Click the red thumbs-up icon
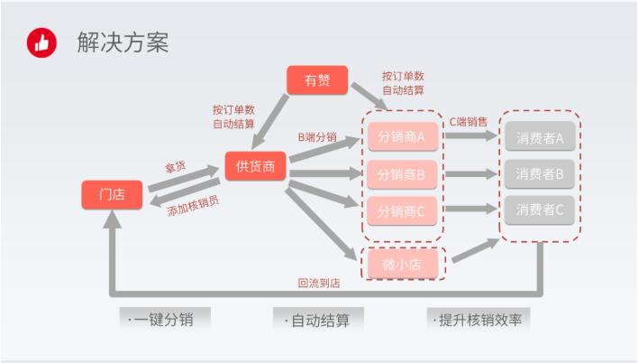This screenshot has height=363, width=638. [x=41, y=42]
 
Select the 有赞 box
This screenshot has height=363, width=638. [x=317, y=80]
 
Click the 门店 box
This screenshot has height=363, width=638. [x=112, y=195]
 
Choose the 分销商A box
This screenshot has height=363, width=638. [x=401, y=138]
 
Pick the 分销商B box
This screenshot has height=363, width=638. [x=401, y=174]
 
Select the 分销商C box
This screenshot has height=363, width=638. [x=401, y=210]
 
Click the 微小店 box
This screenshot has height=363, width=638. [x=401, y=264]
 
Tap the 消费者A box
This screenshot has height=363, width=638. [x=540, y=138]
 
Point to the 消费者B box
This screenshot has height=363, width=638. [x=540, y=173]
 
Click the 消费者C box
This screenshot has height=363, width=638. [x=540, y=209]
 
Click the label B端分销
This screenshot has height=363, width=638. [x=317, y=138]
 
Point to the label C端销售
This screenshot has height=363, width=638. [x=469, y=121]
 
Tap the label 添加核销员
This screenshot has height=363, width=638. [x=193, y=205]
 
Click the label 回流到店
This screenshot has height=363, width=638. [x=318, y=283]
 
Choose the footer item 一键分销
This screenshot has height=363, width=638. [x=165, y=320]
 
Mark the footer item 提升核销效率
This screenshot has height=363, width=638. [x=479, y=320]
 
